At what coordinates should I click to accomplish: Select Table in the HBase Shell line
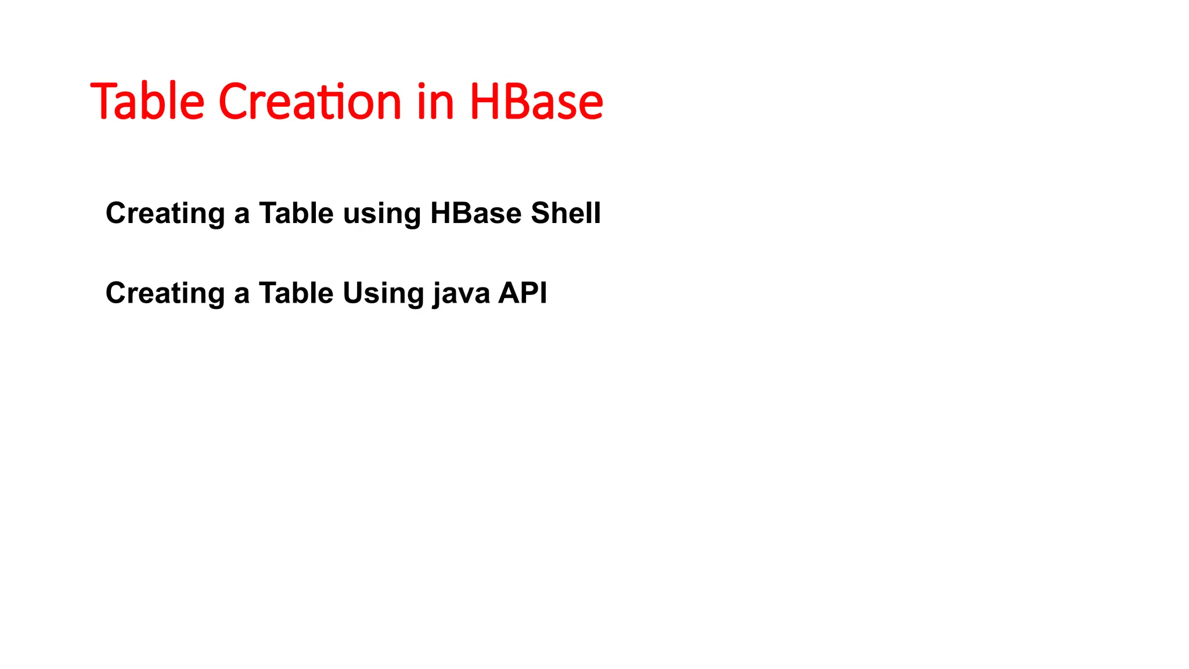coord(296,213)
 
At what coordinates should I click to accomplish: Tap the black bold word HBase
coord(476,213)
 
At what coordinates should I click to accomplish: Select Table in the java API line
coord(296,293)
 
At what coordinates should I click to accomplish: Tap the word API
coord(523,293)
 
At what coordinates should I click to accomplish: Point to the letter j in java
coord(437,294)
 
